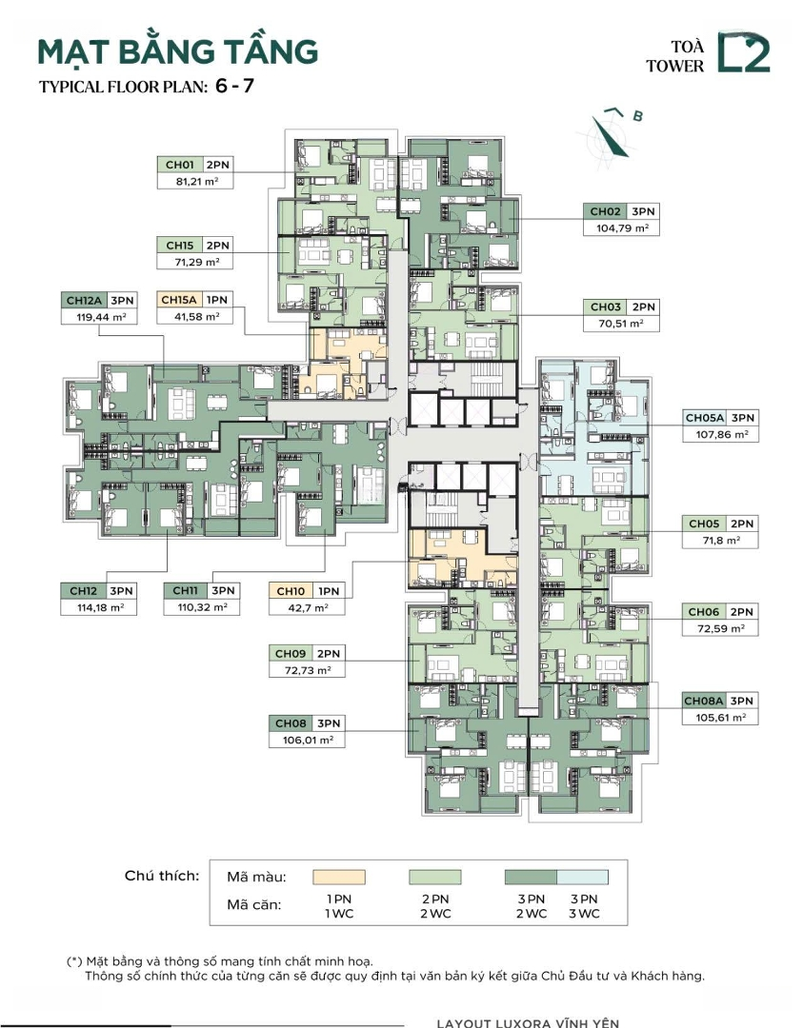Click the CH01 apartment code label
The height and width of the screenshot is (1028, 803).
180,165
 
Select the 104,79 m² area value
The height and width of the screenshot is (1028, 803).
622,228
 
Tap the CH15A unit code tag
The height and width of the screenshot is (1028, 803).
179,300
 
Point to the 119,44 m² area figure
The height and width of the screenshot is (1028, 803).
99,317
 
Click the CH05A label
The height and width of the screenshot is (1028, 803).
705,418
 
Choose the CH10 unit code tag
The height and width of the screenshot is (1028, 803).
291,591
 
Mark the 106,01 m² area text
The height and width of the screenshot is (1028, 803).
307,741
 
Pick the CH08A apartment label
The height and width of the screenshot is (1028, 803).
704,701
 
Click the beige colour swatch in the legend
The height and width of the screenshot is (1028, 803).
338,878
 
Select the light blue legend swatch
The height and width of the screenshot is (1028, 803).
583,878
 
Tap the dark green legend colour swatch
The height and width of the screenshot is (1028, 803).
531,878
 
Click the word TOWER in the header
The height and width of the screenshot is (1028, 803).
674,66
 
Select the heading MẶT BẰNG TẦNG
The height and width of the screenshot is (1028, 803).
178,52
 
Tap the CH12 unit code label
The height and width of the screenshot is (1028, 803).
83,591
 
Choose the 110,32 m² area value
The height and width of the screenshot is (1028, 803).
202,607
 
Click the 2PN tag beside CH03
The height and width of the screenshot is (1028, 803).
643,306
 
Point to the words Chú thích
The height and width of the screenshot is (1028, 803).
161,876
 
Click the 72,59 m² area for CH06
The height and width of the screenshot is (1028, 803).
720,629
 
